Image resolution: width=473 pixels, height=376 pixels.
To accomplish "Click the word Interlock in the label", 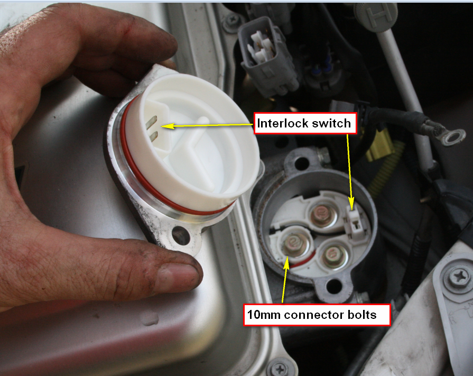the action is pos(282,123).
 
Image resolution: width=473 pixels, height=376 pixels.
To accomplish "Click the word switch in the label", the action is pos(331,123).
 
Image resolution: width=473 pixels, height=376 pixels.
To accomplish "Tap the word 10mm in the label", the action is pos(264,315).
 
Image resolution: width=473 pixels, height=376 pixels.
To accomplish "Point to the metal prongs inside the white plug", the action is pos(152,129).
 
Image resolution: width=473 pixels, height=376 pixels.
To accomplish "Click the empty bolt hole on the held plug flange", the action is pos(181,236).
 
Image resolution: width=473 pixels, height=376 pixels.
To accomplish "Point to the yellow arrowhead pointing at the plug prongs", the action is pos(168,126).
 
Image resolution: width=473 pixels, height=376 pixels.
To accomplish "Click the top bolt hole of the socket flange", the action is pos(301,163).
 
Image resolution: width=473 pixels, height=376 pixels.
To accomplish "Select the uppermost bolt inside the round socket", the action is pos(322,215).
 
